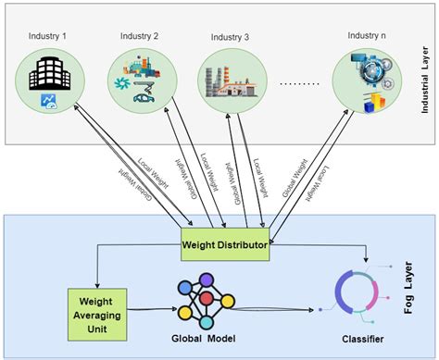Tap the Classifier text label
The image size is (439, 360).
click(x=355, y=338)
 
